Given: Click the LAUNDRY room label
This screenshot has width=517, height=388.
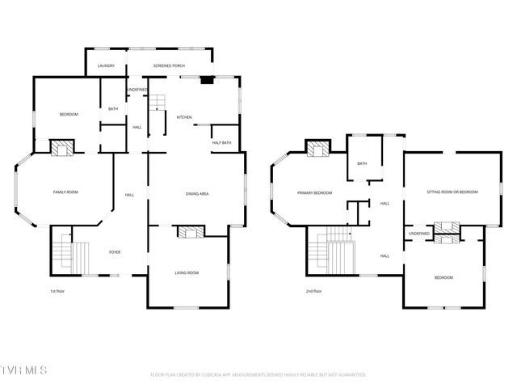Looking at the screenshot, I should coord(106,65).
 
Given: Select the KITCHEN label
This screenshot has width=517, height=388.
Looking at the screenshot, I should coord(184,118).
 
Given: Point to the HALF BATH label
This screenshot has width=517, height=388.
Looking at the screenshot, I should coord(221,143).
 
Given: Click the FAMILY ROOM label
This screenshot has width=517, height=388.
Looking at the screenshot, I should coord(65,192).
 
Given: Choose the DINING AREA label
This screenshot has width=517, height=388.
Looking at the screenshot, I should coord(198,194).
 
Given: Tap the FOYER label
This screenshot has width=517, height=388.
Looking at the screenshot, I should coord(116,252).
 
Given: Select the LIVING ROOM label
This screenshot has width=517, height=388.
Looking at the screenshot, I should coord(187,272).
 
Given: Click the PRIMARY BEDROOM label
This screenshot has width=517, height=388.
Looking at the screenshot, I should coord(314,192).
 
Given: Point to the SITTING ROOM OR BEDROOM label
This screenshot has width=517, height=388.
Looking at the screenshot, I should coord(452,192).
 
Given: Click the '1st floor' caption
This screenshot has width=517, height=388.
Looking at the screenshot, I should coord(57,291).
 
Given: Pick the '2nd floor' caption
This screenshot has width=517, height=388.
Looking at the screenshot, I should coord(313,291).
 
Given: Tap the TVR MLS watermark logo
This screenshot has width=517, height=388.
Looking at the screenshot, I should coord(24,370).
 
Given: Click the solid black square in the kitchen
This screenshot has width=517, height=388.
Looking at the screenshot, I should coord(207,80).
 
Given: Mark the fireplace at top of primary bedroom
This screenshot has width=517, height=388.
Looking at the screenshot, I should coord(317,149).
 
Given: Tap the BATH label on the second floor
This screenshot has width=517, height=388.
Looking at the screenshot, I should coord(362,163).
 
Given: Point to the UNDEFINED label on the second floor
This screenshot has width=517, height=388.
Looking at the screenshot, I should coord(418,233).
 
